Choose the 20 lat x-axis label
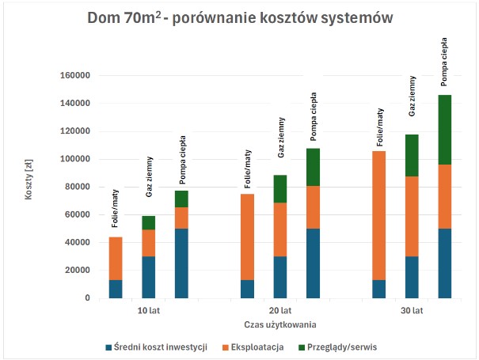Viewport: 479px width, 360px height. [x=280, y=311]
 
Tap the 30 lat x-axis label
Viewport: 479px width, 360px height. [x=412, y=311]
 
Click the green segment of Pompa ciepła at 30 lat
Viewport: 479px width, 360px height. [x=445, y=130]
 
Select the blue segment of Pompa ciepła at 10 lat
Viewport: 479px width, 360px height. [x=181, y=263]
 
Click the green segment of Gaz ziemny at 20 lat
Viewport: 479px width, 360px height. [x=280, y=189]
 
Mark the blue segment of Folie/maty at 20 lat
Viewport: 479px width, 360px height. [x=247, y=289]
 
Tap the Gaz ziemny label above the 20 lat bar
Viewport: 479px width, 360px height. [x=280, y=137]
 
